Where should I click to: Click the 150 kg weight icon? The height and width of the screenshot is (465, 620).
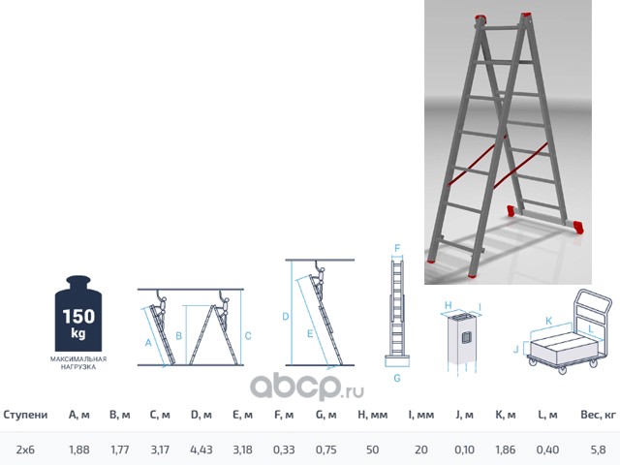click(78, 314)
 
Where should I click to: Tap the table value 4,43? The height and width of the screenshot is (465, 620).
click(201, 449)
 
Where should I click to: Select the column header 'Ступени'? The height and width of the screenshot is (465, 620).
click(25, 415)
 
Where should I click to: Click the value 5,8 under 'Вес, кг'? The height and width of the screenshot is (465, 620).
click(598, 449)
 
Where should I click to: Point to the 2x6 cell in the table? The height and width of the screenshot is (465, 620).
click(25, 449)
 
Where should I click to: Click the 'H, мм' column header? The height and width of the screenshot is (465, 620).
click(372, 415)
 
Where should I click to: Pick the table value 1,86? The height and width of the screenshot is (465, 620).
click(506, 449)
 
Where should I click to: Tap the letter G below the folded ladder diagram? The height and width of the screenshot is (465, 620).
click(397, 378)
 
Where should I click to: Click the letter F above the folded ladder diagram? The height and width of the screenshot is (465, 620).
click(397, 248)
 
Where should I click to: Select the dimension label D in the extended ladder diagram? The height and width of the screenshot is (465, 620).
click(286, 317)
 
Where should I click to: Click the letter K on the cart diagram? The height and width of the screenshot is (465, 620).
click(548, 321)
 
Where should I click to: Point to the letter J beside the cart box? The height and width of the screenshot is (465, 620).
click(515, 349)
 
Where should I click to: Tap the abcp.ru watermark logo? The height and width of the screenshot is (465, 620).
click(307, 387)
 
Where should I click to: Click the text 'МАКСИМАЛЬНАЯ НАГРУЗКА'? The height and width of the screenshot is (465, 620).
click(78, 363)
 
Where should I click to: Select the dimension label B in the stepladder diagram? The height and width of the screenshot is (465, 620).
click(178, 336)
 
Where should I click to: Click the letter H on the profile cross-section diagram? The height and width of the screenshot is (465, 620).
click(448, 305)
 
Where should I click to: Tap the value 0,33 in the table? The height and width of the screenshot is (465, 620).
click(284, 449)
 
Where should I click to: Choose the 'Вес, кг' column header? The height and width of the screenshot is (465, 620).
click(598, 415)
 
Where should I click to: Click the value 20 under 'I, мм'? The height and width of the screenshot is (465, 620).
click(421, 449)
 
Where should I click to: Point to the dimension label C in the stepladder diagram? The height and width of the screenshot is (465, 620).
click(248, 336)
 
